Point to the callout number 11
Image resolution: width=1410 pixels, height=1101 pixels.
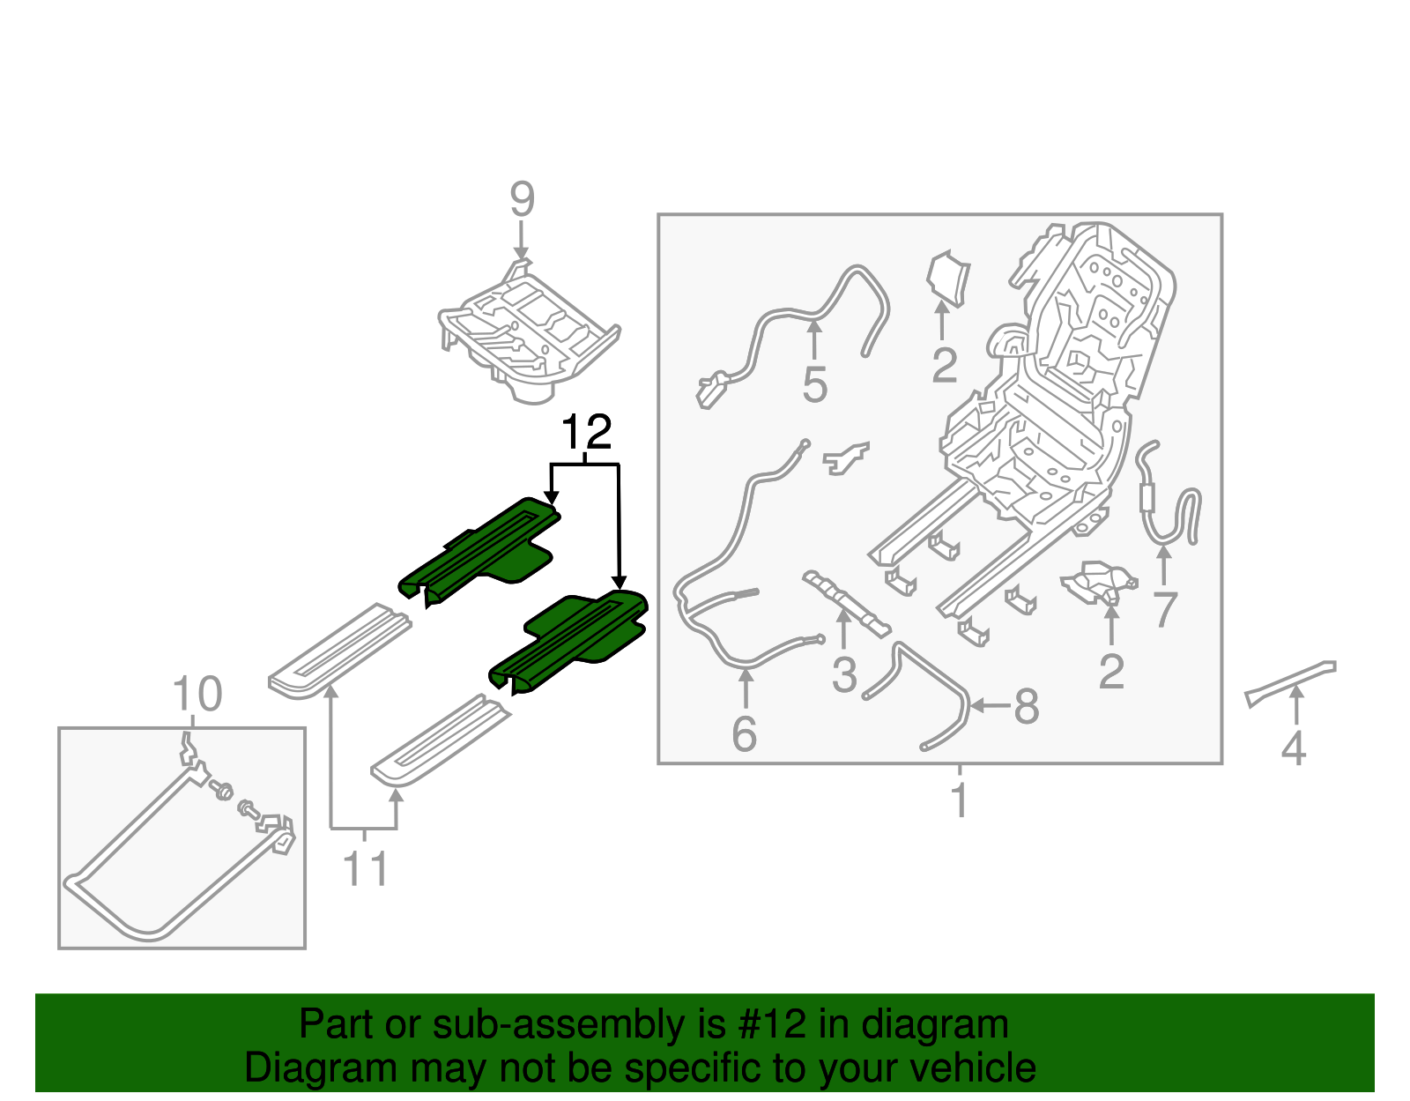[365, 868]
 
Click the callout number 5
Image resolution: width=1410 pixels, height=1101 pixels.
[814, 384]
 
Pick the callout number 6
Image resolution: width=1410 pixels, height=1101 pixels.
[745, 733]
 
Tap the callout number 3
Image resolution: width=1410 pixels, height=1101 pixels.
[844, 674]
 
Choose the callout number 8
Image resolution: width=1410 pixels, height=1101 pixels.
[1026, 706]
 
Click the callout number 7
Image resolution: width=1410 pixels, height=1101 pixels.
[1165, 610]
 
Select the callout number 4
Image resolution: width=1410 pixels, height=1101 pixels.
[1293, 748]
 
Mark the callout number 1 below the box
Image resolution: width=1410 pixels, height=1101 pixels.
[961, 800]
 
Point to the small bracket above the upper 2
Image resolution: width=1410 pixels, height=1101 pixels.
[948, 279]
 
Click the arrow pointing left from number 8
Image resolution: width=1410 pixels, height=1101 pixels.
[991, 705]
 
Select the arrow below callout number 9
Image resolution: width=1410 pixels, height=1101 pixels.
[521, 240]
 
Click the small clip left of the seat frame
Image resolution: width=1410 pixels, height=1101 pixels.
[845, 458]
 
